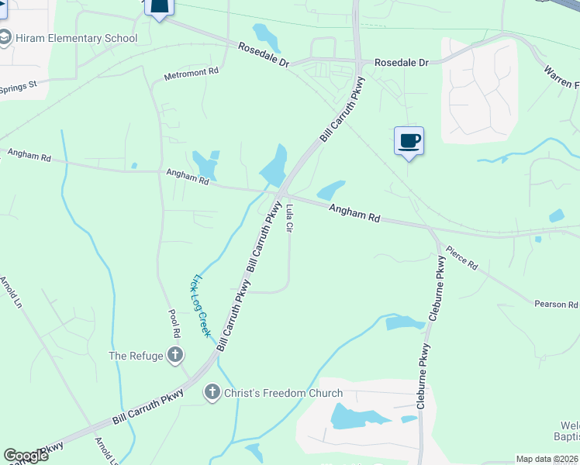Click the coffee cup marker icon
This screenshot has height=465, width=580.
pyautogui.click(x=409, y=141)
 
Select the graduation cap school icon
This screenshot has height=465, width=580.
pyautogui.click(x=5, y=38)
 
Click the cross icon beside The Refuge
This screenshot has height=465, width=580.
pyautogui.click(x=175, y=356)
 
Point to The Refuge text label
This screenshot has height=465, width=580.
pyautogui.click(x=136, y=356)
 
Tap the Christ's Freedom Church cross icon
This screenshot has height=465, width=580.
pyautogui.click(x=212, y=393)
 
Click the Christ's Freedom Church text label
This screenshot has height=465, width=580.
pyautogui.click(x=283, y=393)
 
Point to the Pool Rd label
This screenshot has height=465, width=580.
pyautogui.click(x=175, y=322)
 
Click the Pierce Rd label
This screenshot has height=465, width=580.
pyautogui.click(x=461, y=257)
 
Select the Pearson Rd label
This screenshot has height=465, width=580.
pyautogui.click(x=556, y=305)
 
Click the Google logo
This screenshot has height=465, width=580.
pyautogui.click(x=26, y=456)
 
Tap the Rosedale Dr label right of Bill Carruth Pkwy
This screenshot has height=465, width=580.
pyautogui.click(x=401, y=62)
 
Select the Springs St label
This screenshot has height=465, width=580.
pyautogui.click(x=19, y=86)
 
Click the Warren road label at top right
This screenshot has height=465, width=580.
pyautogui.click(x=561, y=76)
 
